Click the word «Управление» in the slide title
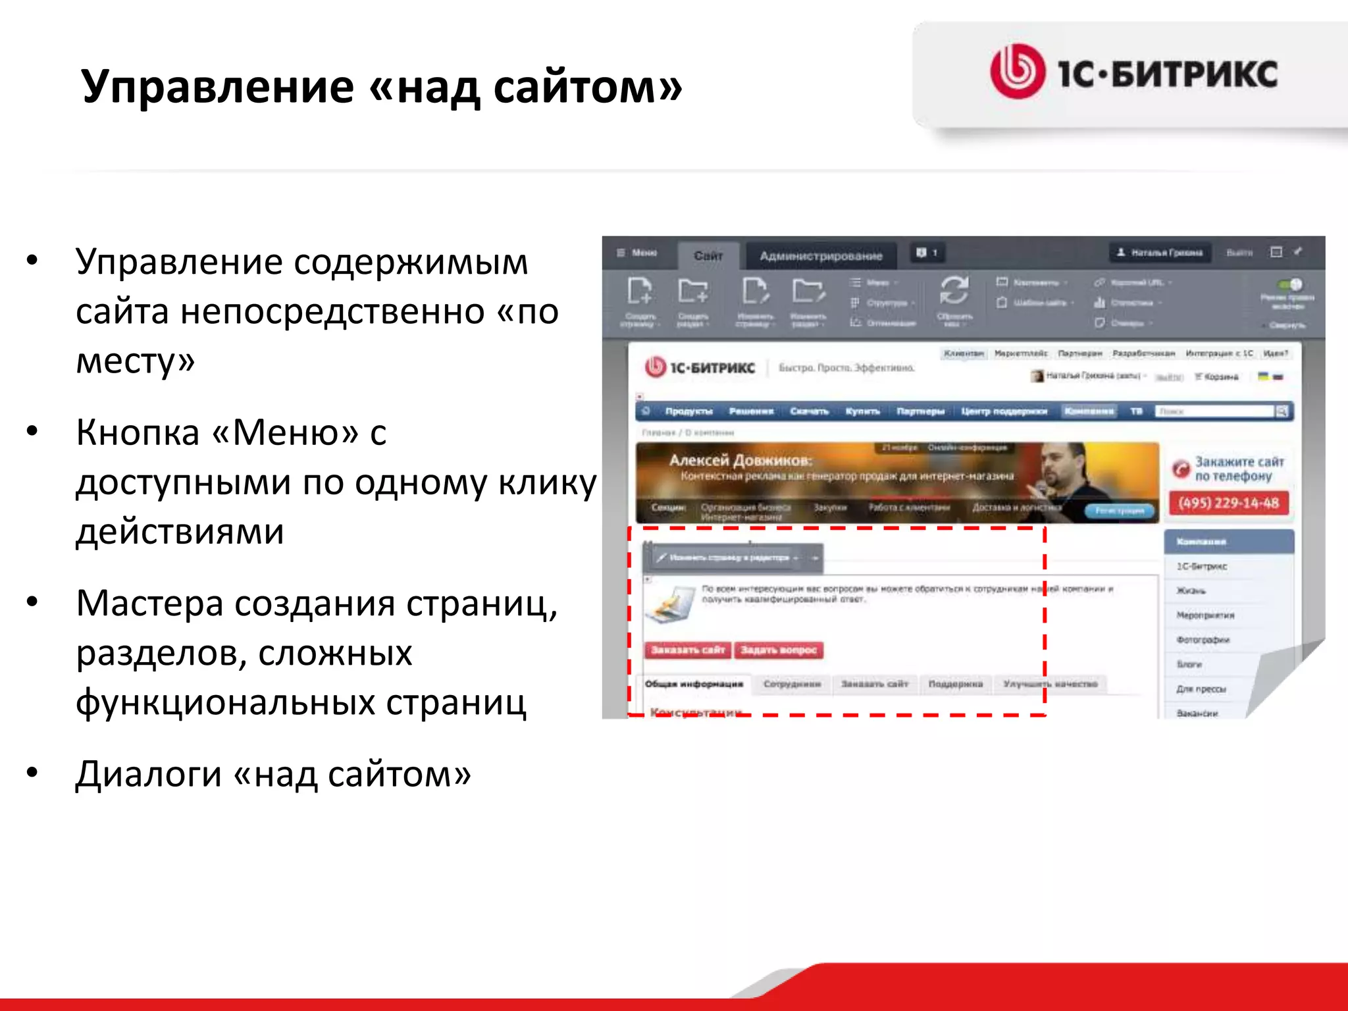[217, 88]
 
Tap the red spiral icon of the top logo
[1017, 72]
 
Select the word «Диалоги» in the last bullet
[148, 774]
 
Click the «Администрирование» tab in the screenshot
[821, 255]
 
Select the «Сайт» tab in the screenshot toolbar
[708, 255]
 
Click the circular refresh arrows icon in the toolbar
[954, 290]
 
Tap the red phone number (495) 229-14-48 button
[1228, 504]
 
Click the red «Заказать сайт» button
[688, 650]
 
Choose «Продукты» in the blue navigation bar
[688, 411]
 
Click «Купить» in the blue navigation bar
[862, 411]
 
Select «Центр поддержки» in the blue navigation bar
[1004, 411]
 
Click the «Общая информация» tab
[694, 685]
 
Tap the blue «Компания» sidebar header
[1228, 542]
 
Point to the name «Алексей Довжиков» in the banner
[740, 460]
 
